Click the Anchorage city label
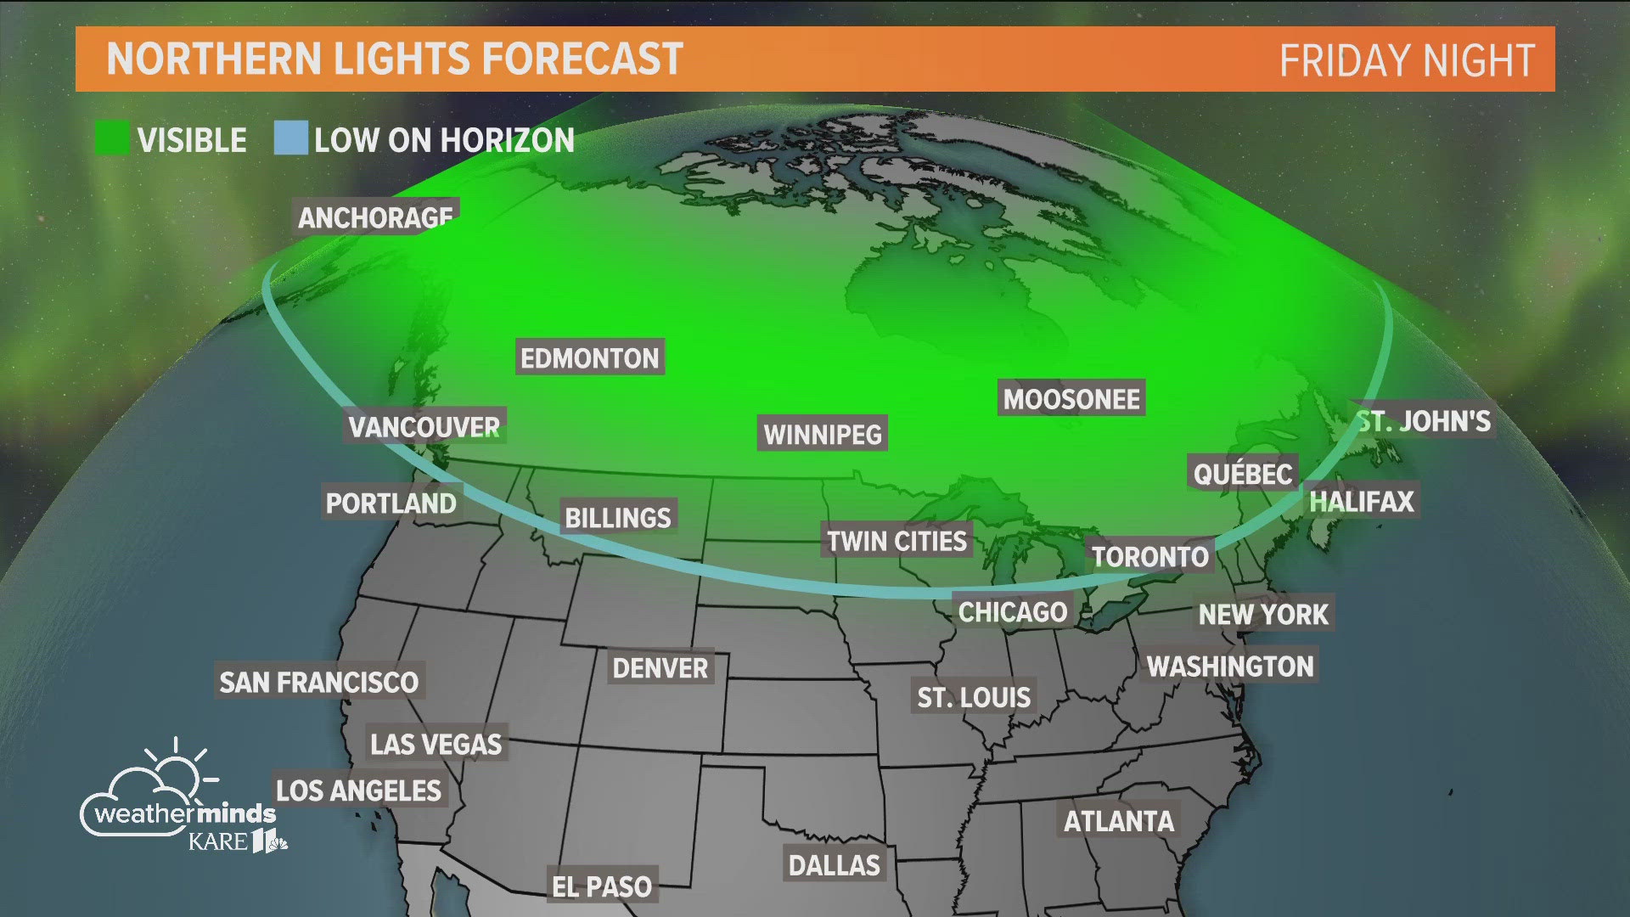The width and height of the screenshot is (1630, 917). pos(375,217)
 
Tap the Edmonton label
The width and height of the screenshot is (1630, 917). pos(589,357)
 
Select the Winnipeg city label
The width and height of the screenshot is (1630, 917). pos(822,434)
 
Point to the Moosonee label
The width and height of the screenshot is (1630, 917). pos(1071,398)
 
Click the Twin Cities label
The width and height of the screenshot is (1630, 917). pos(896,541)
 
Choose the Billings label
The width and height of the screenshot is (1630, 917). pos(617,517)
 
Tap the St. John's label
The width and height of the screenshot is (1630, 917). pos(1424,420)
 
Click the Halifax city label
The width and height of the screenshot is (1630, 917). pos(1361,501)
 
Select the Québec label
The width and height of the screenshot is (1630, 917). pos(1242,473)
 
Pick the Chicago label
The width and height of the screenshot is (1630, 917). pos(1012,611)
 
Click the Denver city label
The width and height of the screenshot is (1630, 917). pos(660,668)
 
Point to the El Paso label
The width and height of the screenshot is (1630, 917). pos(601,886)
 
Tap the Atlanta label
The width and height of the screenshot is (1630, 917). pos(1118,821)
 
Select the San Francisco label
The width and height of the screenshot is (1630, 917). pos(318,682)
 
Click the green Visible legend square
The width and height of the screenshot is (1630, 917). pos(111,138)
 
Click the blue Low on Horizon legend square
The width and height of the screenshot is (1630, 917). pos(290,138)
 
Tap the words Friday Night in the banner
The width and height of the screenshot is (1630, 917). pos(1406,61)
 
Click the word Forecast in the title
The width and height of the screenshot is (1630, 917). pos(582,59)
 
